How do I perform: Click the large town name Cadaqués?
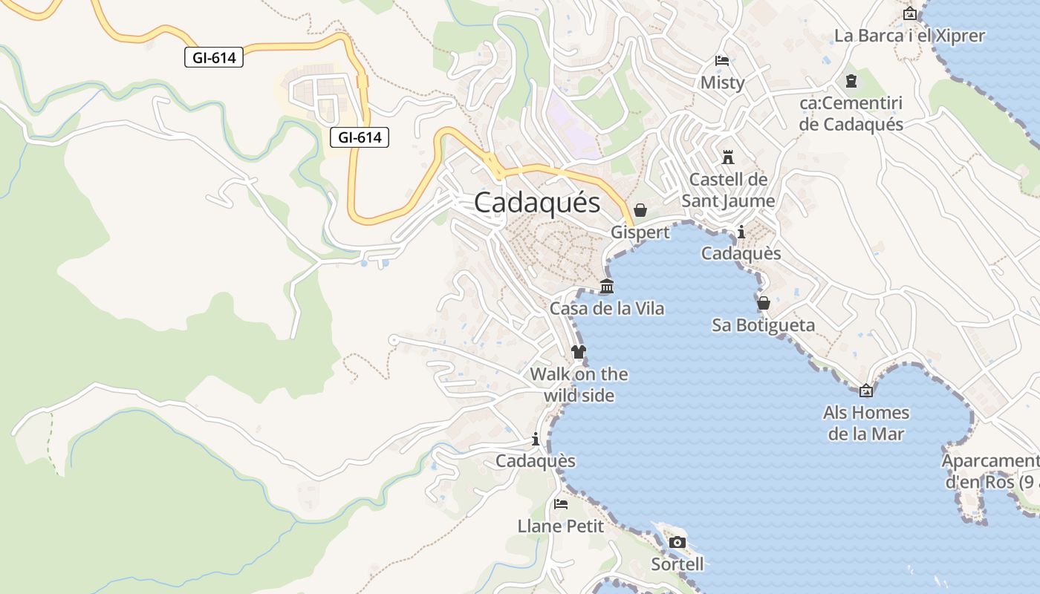pos(536,202)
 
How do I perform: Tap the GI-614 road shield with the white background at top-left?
pos(214,57)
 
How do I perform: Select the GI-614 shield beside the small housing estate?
pos(360,137)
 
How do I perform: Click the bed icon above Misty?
pos(721,61)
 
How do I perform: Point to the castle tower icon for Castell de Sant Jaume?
pos(728,157)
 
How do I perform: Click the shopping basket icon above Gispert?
pos(640,211)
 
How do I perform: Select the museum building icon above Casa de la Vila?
pos(607,287)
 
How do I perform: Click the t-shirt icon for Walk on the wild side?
pos(579,352)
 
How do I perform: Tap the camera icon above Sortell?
pos(677,542)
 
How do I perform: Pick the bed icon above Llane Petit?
pos(561,504)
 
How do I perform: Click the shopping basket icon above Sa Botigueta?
pos(763,303)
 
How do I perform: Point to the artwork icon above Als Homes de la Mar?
pos(866,391)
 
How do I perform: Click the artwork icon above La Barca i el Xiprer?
pos(909,13)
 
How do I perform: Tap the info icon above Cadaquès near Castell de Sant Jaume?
pos(741,232)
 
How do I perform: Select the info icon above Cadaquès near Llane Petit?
pos(536,439)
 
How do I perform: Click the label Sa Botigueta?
pos(763,325)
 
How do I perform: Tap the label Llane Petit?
pos(561,526)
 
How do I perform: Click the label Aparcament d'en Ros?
pos(990,471)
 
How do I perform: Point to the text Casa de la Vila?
pos(607,308)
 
